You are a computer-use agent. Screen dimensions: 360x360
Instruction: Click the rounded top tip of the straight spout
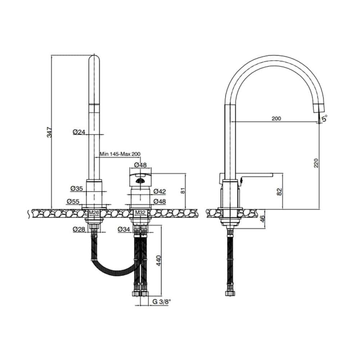[x=94, y=55]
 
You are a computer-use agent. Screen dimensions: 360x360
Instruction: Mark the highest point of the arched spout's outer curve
[x=274, y=55]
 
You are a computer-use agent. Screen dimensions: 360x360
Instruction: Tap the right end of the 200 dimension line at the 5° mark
[x=319, y=122]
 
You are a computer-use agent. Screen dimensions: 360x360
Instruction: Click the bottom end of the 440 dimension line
[x=161, y=296]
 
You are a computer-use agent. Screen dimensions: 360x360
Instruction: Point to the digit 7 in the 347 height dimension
[x=49, y=128]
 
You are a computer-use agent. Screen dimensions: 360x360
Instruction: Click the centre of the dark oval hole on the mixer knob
[x=140, y=181]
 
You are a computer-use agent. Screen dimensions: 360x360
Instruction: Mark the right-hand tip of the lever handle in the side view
[x=273, y=175]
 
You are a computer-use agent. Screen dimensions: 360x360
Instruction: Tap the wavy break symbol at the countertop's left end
[x=29, y=214]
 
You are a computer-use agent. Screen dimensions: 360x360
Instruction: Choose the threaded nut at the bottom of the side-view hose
[x=230, y=293]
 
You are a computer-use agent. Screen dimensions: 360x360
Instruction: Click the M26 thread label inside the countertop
[x=94, y=213]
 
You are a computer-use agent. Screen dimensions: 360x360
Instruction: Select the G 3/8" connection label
[x=162, y=302]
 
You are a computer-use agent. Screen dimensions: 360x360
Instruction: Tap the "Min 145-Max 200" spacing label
[x=120, y=154]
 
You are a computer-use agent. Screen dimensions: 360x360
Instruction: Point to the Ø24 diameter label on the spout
[x=79, y=132]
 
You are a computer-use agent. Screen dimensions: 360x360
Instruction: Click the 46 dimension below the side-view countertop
[x=263, y=219]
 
